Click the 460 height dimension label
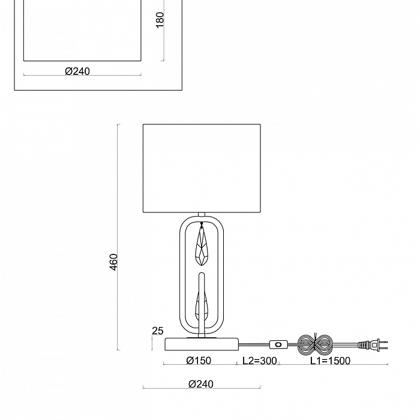coord(113,261)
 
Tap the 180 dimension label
coord(159,20)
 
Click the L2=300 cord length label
coord(259,361)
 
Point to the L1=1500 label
coord(329,361)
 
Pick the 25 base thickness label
coord(158,331)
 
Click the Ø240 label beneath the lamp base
coord(200,384)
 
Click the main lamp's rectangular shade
coord(202,168)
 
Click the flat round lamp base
coord(203,344)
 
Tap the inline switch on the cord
coord(280,345)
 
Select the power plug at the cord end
coord(367,345)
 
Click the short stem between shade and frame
coord(202,215)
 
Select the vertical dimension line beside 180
coord(163,36)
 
